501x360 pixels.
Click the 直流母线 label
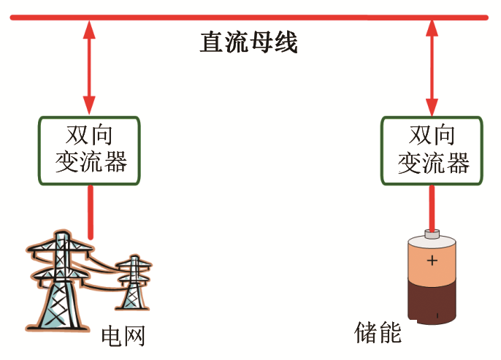(249, 42)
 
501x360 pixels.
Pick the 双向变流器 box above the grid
(90, 150)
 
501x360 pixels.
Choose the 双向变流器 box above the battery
(432, 150)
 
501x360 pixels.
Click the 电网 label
(123, 337)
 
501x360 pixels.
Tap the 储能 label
(378, 332)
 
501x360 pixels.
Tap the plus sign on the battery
(432, 260)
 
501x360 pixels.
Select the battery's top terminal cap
(432, 234)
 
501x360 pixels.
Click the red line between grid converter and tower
(91, 212)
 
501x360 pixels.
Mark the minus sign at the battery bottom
(437, 315)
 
